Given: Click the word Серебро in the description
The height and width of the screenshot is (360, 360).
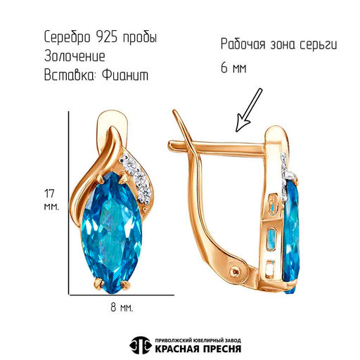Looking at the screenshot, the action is (x=67, y=37).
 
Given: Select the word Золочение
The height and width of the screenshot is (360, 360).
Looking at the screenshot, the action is (x=75, y=56).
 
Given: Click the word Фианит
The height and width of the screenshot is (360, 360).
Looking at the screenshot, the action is (x=125, y=75).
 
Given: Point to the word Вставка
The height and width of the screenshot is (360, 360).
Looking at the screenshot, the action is (x=70, y=75).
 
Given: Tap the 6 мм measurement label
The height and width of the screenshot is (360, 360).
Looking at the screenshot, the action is (x=233, y=68).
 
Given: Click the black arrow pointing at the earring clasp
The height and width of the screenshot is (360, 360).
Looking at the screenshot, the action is (x=249, y=110).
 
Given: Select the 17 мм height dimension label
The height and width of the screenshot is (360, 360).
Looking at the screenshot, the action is (x=51, y=200).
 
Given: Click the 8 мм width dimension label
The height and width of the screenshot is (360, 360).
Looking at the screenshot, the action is (x=122, y=307).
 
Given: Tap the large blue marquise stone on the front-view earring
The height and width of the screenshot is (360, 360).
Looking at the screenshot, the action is (x=111, y=232).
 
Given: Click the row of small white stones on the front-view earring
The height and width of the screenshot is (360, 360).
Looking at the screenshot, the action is (x=136, y=178).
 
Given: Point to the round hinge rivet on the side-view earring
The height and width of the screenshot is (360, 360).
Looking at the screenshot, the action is (x=236, y=271).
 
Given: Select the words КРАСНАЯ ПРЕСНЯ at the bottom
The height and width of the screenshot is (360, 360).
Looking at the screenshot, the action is (x=198, y=349).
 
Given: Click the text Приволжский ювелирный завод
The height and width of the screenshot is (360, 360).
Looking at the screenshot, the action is (x=198, y=340).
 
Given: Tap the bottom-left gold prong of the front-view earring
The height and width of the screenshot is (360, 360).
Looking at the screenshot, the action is (x=101, y=283).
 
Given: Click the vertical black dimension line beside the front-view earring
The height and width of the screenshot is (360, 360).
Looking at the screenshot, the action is (x=69, y=202).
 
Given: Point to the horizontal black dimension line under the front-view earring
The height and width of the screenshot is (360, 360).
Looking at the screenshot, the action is (x=122, y=295).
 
